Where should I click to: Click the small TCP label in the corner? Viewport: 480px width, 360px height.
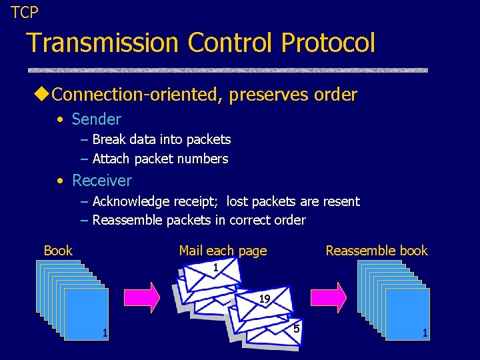pos(25,11)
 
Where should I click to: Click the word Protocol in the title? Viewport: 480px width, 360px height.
pos(328,43)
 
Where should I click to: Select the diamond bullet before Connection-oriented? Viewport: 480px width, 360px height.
pos(42,95)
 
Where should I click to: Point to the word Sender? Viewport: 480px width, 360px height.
pos(96,119)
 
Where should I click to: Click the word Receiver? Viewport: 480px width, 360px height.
pos(101,181)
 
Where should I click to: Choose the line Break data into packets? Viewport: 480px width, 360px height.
pos(161,139)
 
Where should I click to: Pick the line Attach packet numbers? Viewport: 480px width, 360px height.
pos(160,159)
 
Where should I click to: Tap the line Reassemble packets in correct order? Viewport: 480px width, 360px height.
pos(199,220)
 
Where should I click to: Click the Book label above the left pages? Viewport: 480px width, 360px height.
pos(58,251)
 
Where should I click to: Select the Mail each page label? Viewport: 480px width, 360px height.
pos(223,251)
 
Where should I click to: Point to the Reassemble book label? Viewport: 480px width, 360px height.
pos(376,251)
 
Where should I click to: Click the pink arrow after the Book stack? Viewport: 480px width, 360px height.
pos(141,297)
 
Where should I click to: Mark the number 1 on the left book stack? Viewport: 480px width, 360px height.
pos(104,333)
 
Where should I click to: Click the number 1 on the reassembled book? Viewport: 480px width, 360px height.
pos(425,333)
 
